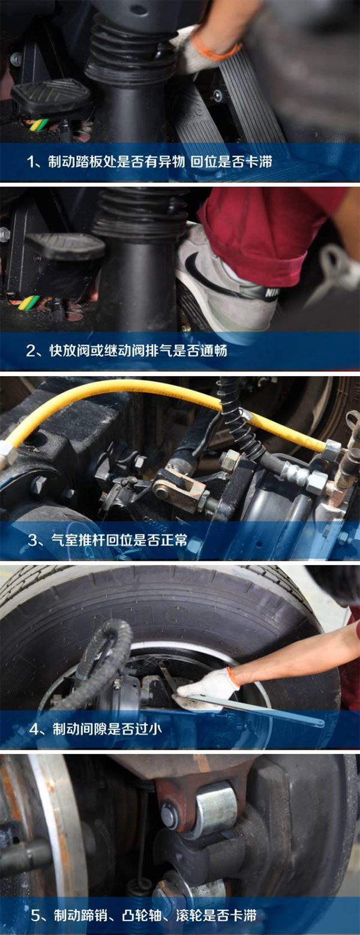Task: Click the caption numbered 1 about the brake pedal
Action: tap(149, 161)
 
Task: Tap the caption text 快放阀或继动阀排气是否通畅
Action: tap(127, 350)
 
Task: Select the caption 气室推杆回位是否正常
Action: tap(107, 540)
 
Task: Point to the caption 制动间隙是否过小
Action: tap(95, 729)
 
